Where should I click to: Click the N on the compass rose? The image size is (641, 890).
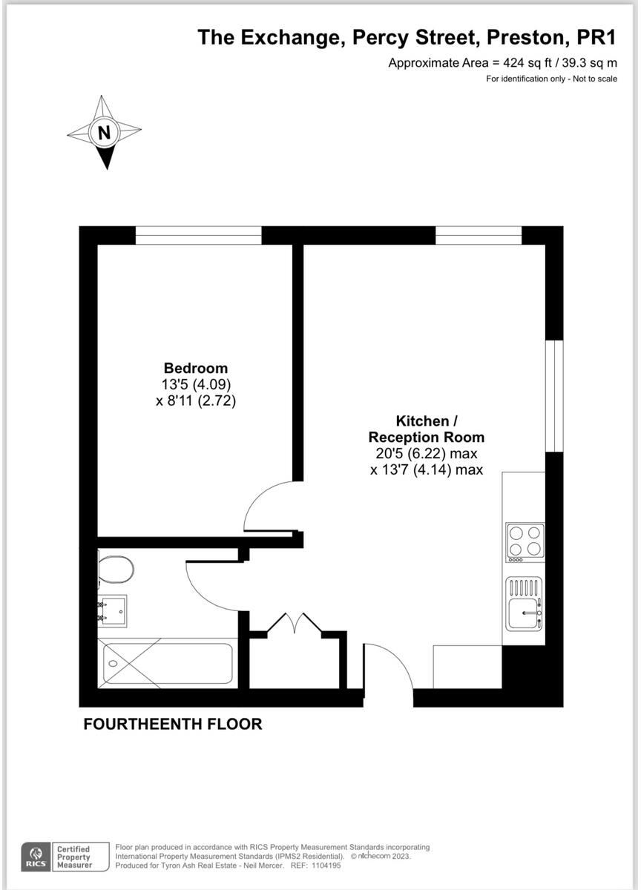coord(105,133)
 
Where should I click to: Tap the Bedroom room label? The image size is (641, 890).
coord(196,368)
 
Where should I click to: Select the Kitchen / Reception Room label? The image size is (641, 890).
coord(426,429)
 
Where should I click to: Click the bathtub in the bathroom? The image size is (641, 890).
coord(168,663)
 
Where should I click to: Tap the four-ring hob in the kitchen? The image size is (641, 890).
coord(525,541)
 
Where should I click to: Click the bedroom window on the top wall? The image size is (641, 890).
coord(199,235)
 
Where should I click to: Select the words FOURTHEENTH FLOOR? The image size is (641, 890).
coord(173,724)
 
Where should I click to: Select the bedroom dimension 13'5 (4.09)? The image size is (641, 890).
coord(196,385)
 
